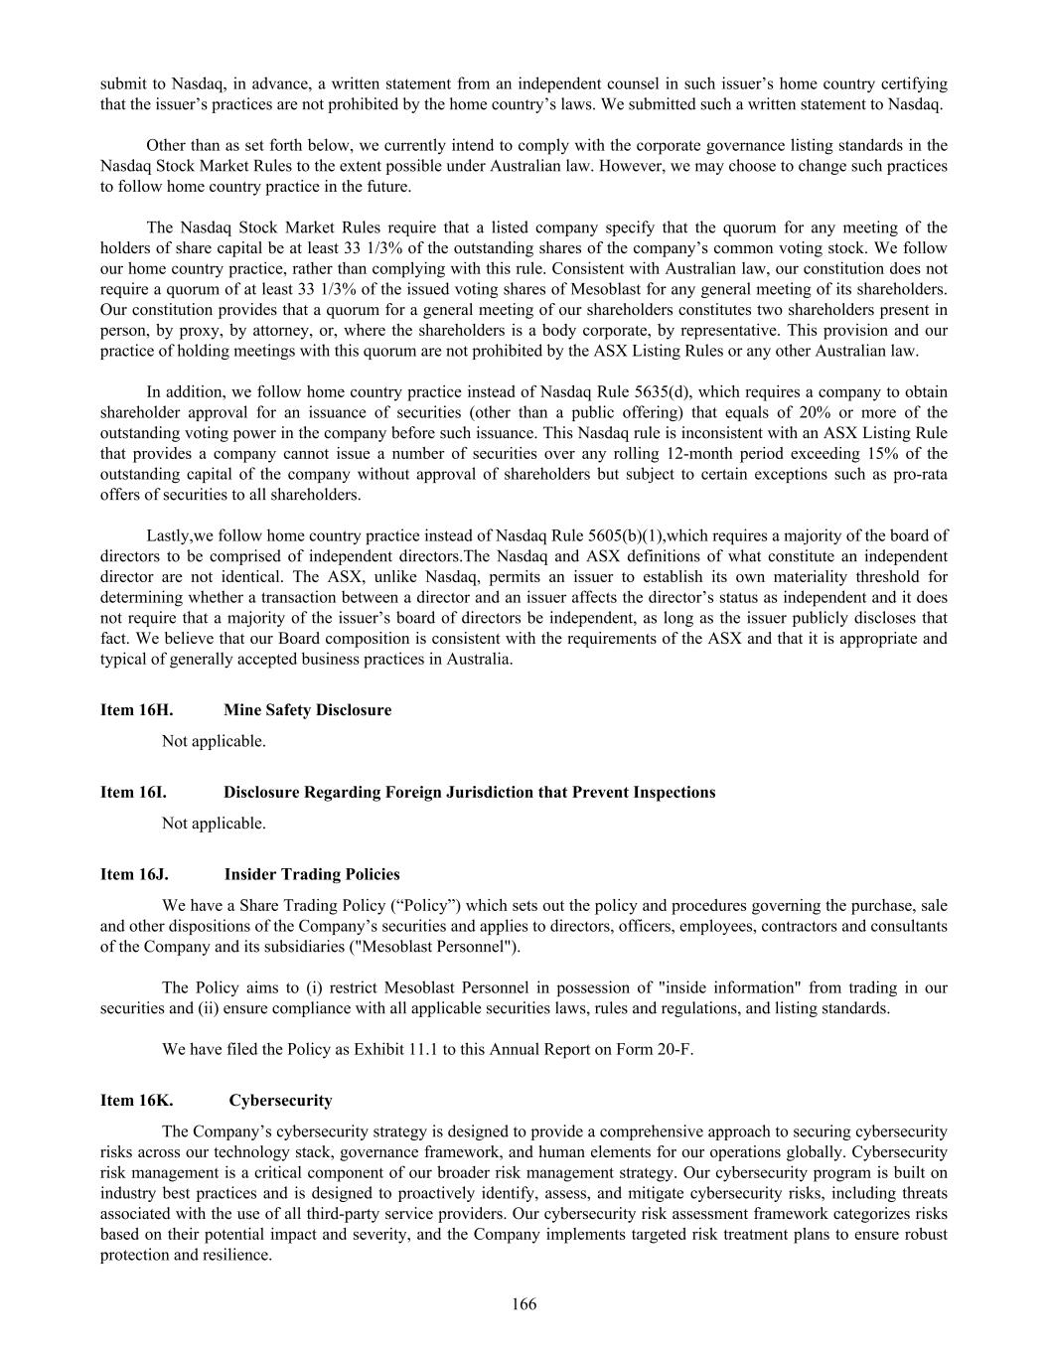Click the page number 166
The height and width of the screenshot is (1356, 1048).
[x=524, y=1304]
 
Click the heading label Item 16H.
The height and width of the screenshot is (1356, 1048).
[x=136, y=710]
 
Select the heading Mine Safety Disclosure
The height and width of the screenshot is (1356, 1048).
[x=307, y=710]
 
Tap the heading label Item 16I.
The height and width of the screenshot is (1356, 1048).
[x=133, y=793]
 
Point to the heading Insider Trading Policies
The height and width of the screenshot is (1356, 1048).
[x=312, y=875]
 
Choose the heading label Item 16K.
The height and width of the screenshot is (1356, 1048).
[x=136, y=1101]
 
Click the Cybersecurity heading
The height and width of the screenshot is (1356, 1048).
[x=280, y=1101]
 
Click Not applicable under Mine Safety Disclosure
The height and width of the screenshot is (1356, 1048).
[x=214, y=741]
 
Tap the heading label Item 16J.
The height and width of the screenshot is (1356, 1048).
[x=134, y=875]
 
